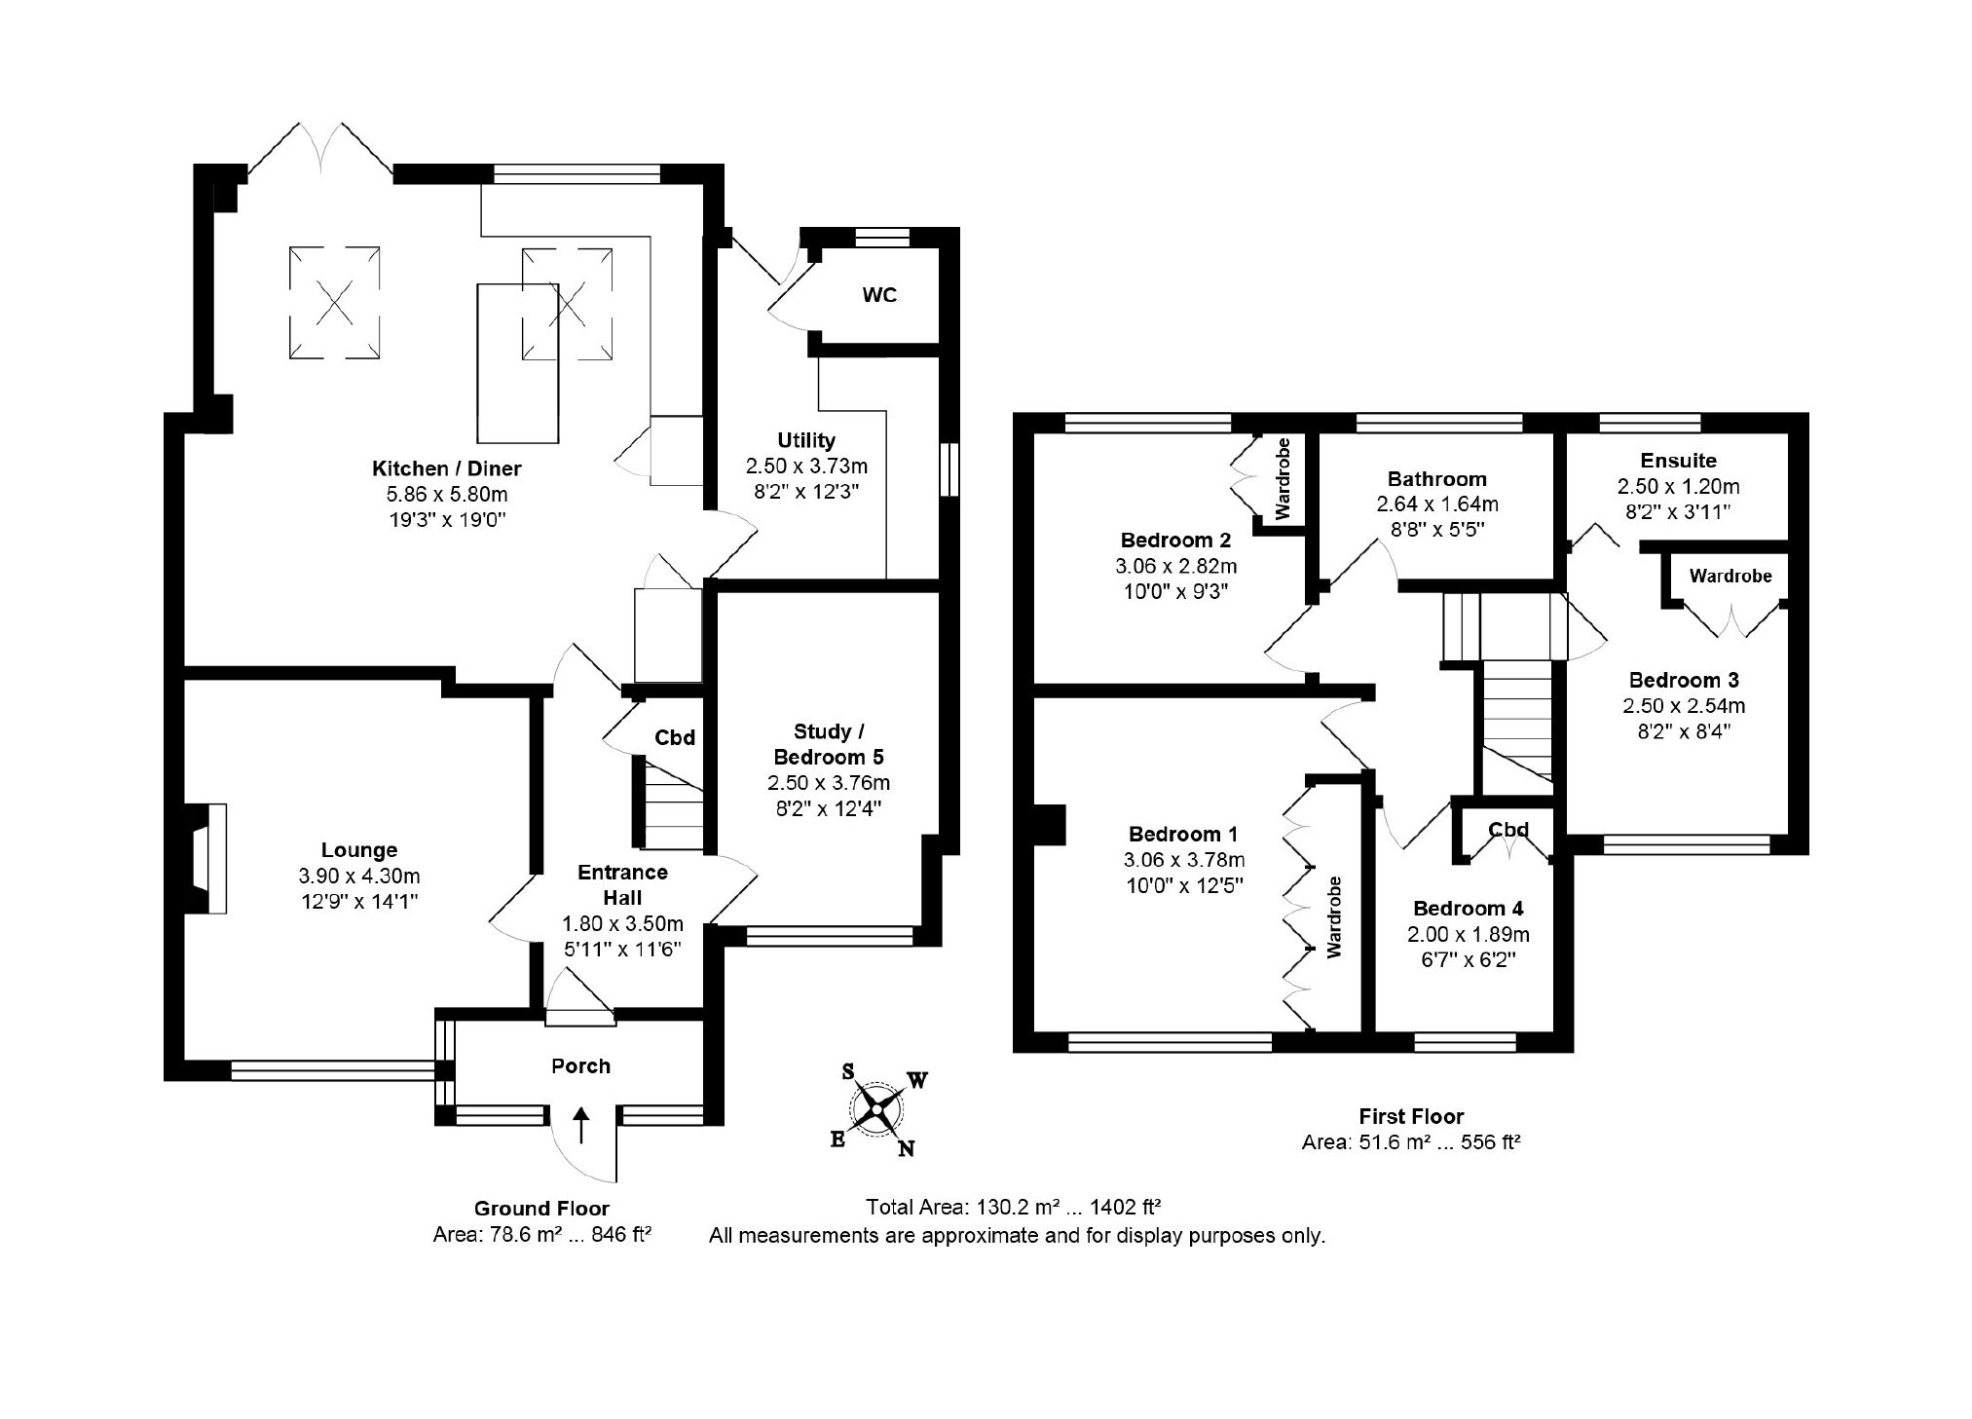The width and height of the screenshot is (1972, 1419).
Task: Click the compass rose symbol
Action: tap(878, 1109)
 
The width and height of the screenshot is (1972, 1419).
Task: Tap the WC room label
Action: tap(879, 295)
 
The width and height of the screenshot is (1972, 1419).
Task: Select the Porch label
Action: tap(580, 1065)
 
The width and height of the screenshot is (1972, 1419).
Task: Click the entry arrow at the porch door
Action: tap(581, 1124)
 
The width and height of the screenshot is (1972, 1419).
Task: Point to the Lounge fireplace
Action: tap(205, 858)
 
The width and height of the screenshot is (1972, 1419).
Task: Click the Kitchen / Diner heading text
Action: tap(447, 468)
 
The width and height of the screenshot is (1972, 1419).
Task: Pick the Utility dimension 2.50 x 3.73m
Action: tap(806, 466)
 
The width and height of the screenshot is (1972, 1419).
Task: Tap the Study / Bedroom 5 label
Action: tap(829, 744)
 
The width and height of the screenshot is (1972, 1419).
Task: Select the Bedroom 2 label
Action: tap(1175, 541)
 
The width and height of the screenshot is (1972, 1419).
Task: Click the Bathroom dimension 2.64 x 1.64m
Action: tap(1437, 504)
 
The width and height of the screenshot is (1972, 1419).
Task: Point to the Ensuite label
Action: tap(1678, 461)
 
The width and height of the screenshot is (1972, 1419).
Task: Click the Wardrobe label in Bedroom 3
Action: tap(1730, 576)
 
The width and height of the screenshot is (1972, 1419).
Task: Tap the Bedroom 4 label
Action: tap(1469, 909)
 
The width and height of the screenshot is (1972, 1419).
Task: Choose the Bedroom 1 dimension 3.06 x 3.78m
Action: tap(1183, 860)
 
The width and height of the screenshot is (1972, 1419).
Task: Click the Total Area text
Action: tap(1013, 1208)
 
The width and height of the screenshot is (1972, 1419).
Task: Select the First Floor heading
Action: tap(1411, 1116)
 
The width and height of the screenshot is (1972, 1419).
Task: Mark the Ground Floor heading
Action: tap(541, 1209)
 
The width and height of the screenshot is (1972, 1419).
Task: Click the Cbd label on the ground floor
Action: tap(675, 737)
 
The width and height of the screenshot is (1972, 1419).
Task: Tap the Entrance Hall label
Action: tap(622, 884)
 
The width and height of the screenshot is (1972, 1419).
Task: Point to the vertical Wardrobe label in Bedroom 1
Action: tap(1334, 917)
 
